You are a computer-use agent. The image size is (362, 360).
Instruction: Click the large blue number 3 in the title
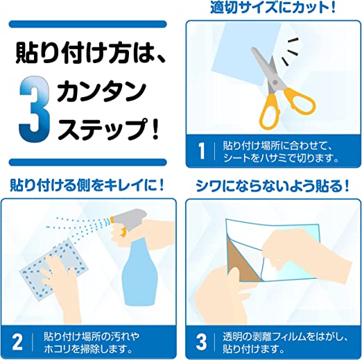pos(35,109)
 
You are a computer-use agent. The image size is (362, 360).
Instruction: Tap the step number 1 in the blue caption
pos(202,151)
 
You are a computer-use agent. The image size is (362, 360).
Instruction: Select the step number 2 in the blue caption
pos(17,341)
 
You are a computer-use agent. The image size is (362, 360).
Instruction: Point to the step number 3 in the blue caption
pos(201,341)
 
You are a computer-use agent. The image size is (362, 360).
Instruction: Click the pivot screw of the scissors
pos(275,82)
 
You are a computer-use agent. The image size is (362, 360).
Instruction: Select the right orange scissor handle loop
pos(300,101)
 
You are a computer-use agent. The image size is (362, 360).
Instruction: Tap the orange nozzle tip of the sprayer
pos(112,219)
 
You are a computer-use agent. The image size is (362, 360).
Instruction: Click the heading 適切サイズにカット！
pos(273,8)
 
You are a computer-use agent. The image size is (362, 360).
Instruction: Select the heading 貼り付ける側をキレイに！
pos(87,185)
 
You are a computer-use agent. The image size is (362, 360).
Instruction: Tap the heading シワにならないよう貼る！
pos(273,186)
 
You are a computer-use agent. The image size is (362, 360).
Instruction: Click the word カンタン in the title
pos(102,92)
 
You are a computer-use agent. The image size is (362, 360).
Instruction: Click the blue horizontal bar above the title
pos(88,24)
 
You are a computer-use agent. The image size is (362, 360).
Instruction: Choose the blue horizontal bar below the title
pos(88,162)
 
